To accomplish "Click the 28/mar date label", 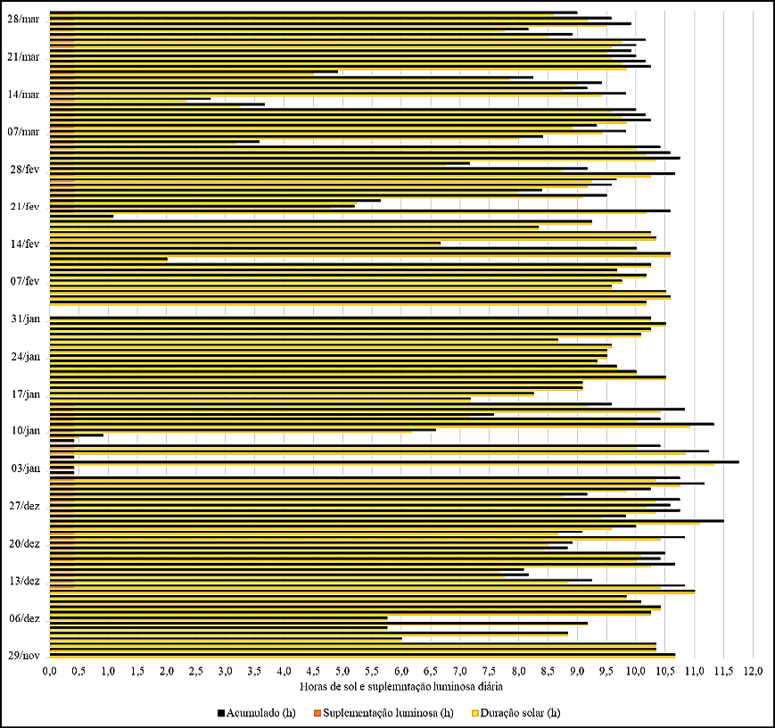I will pos(22,19).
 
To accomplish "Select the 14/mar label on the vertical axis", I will pos(22,94).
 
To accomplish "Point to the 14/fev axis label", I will pos(24,244).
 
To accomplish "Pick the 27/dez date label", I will pos(24,506).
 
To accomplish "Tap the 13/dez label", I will pos(24,581).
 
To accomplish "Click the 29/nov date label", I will pos(23,656).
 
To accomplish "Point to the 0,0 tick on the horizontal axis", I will pos(49,671).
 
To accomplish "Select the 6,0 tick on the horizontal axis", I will pos(401,671).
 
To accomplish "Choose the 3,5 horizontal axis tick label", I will pos(254,671).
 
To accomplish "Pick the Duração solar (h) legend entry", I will pos(522,712).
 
